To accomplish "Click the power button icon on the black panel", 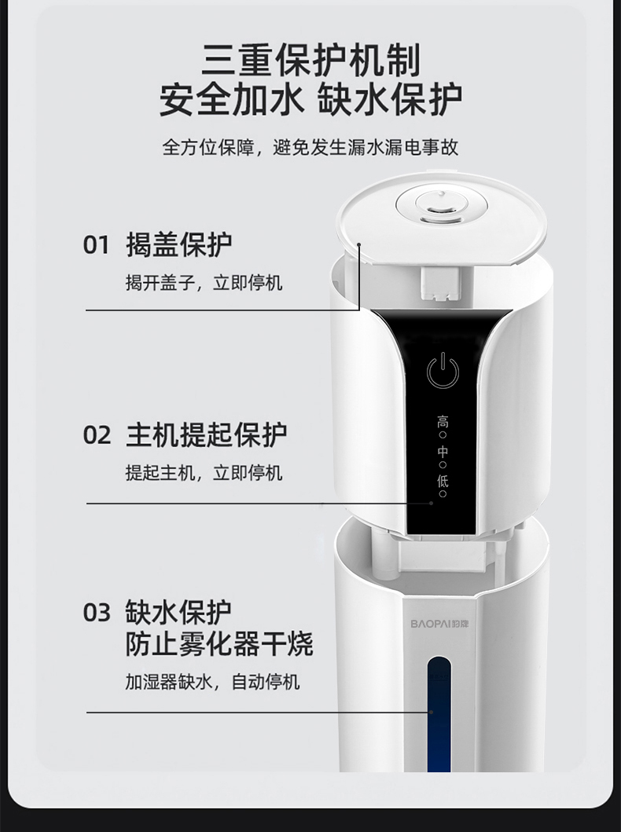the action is coord(443,370).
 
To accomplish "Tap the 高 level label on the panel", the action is coord(443,422).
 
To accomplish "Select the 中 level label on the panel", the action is coord(443,452).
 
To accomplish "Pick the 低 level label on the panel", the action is coord(443,481).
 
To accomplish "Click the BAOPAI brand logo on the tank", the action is coord(439,624).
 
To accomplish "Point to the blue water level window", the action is coord(439,713).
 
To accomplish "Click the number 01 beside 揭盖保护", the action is coord(96,245).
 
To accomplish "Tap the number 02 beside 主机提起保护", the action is coord(97,435).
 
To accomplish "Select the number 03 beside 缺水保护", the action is coord(97,612).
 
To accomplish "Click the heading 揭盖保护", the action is coord(179,244).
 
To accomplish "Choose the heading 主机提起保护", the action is coord(206,434).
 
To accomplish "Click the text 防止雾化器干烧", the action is coord(219,643).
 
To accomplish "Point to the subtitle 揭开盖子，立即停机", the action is coord(204,282).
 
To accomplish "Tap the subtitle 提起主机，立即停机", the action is coord(204,472).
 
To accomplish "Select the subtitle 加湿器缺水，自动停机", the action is coord(212,681).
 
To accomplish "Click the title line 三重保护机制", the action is coord(311,60).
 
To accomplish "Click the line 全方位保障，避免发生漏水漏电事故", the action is coord(310,147).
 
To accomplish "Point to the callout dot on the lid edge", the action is coord(359,244).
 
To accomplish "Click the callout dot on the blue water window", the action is coord(432,712).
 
